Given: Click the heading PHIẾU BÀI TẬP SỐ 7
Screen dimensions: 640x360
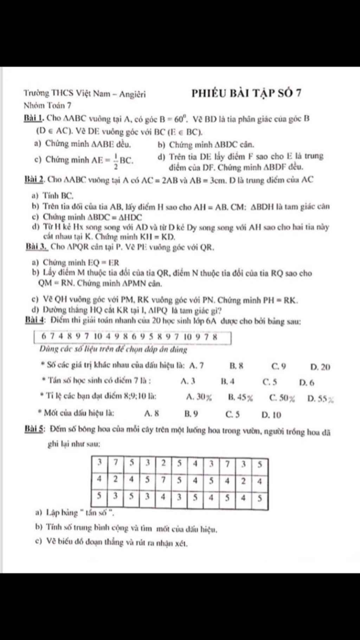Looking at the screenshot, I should pyautogui.click(x=246, y=93).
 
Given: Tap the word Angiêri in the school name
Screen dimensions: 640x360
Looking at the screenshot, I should pyautogui.click(x=133, y=94).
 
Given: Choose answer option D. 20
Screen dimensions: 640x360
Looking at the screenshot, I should pyautogui.click(x=320, y=367).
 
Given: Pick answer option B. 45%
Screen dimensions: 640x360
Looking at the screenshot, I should pyautogui.click(x=240, y=398).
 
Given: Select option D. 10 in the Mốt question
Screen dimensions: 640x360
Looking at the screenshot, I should pyautogui.click(x=271, y=415).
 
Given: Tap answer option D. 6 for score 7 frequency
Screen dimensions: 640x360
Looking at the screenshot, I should pyautogui.click(x=307, y=382).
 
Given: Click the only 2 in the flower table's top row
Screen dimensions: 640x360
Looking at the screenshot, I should pyautogui.click(x=163, y=463).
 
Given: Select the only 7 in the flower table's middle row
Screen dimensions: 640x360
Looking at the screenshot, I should pyautogui.click(x=163, y=480).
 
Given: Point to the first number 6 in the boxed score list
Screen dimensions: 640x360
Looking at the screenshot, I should pyautogui.click(x=44, y=336).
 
